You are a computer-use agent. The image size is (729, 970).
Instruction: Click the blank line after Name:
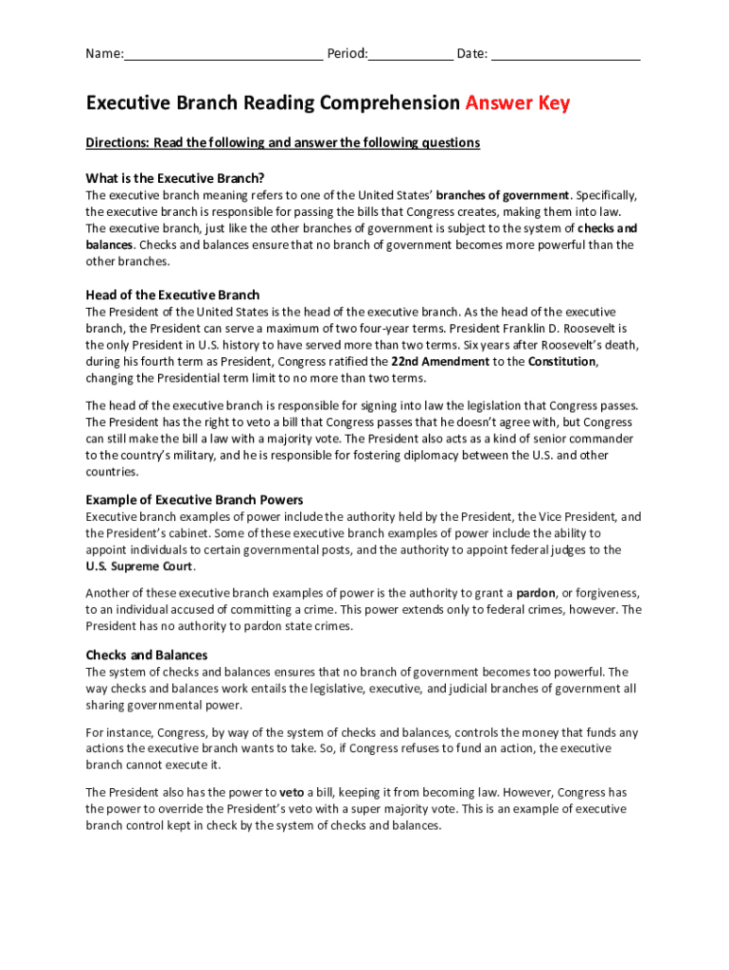[223, 54]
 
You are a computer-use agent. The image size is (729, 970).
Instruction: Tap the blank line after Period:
[410, 54]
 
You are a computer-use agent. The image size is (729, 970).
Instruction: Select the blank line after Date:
[565, 54]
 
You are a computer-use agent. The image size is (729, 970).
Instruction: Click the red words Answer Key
[517, 103]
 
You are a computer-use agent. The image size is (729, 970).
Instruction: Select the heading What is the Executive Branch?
[175, 178]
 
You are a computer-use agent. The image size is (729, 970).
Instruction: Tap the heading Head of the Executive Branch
[172, 295]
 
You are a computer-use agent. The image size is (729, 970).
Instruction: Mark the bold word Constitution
[561, 362]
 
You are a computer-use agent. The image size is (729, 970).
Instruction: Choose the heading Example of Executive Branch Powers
[194, 500]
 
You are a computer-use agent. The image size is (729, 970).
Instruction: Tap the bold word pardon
[535, 594]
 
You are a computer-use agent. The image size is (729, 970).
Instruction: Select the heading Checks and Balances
[147, 656]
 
